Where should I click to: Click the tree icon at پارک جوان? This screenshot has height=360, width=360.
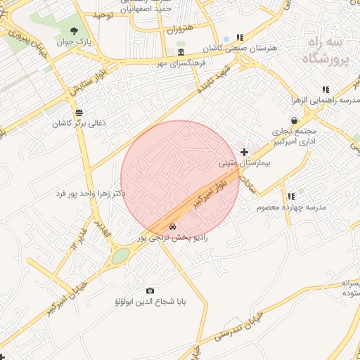pos(74,30)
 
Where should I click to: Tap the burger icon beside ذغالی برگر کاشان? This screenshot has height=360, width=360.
pos(78,112)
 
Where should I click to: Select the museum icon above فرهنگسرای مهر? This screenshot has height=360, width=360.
pos(181,53)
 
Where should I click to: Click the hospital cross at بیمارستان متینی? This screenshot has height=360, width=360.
pos(244,152)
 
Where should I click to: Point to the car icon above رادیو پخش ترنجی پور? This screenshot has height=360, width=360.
pos(173,227)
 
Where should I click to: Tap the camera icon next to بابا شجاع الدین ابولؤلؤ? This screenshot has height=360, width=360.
pos(150,290)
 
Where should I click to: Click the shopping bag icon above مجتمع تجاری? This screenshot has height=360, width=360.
pos(294,120)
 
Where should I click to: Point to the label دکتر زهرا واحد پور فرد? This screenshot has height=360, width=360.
pos(91,193)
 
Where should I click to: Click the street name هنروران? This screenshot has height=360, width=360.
pos(179,30)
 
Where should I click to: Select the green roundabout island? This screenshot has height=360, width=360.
pos(120,255)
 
